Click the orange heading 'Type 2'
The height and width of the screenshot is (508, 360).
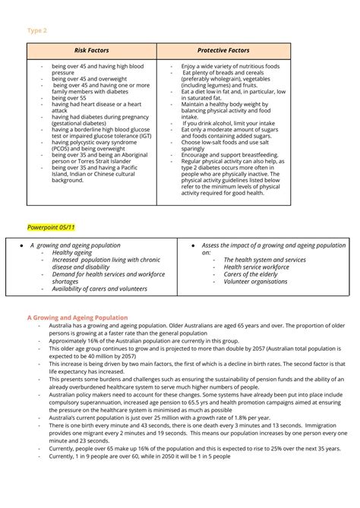click(36, 30)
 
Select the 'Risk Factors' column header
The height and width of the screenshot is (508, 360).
click(91, 51)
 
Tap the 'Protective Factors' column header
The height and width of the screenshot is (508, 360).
click(223, 51)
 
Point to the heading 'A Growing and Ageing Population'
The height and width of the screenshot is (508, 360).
click(77, 317)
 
